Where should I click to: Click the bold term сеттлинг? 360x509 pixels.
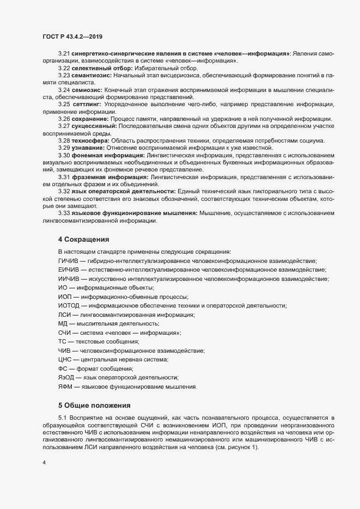point(87,104)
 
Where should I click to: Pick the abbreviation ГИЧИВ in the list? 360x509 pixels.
point(69,261)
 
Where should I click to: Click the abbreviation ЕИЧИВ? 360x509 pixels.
point(69,270)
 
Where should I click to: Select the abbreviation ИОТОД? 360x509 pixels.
point(69,306)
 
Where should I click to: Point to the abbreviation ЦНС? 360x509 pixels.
point(65,360)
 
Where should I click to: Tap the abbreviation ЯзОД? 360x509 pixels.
point(66,378)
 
